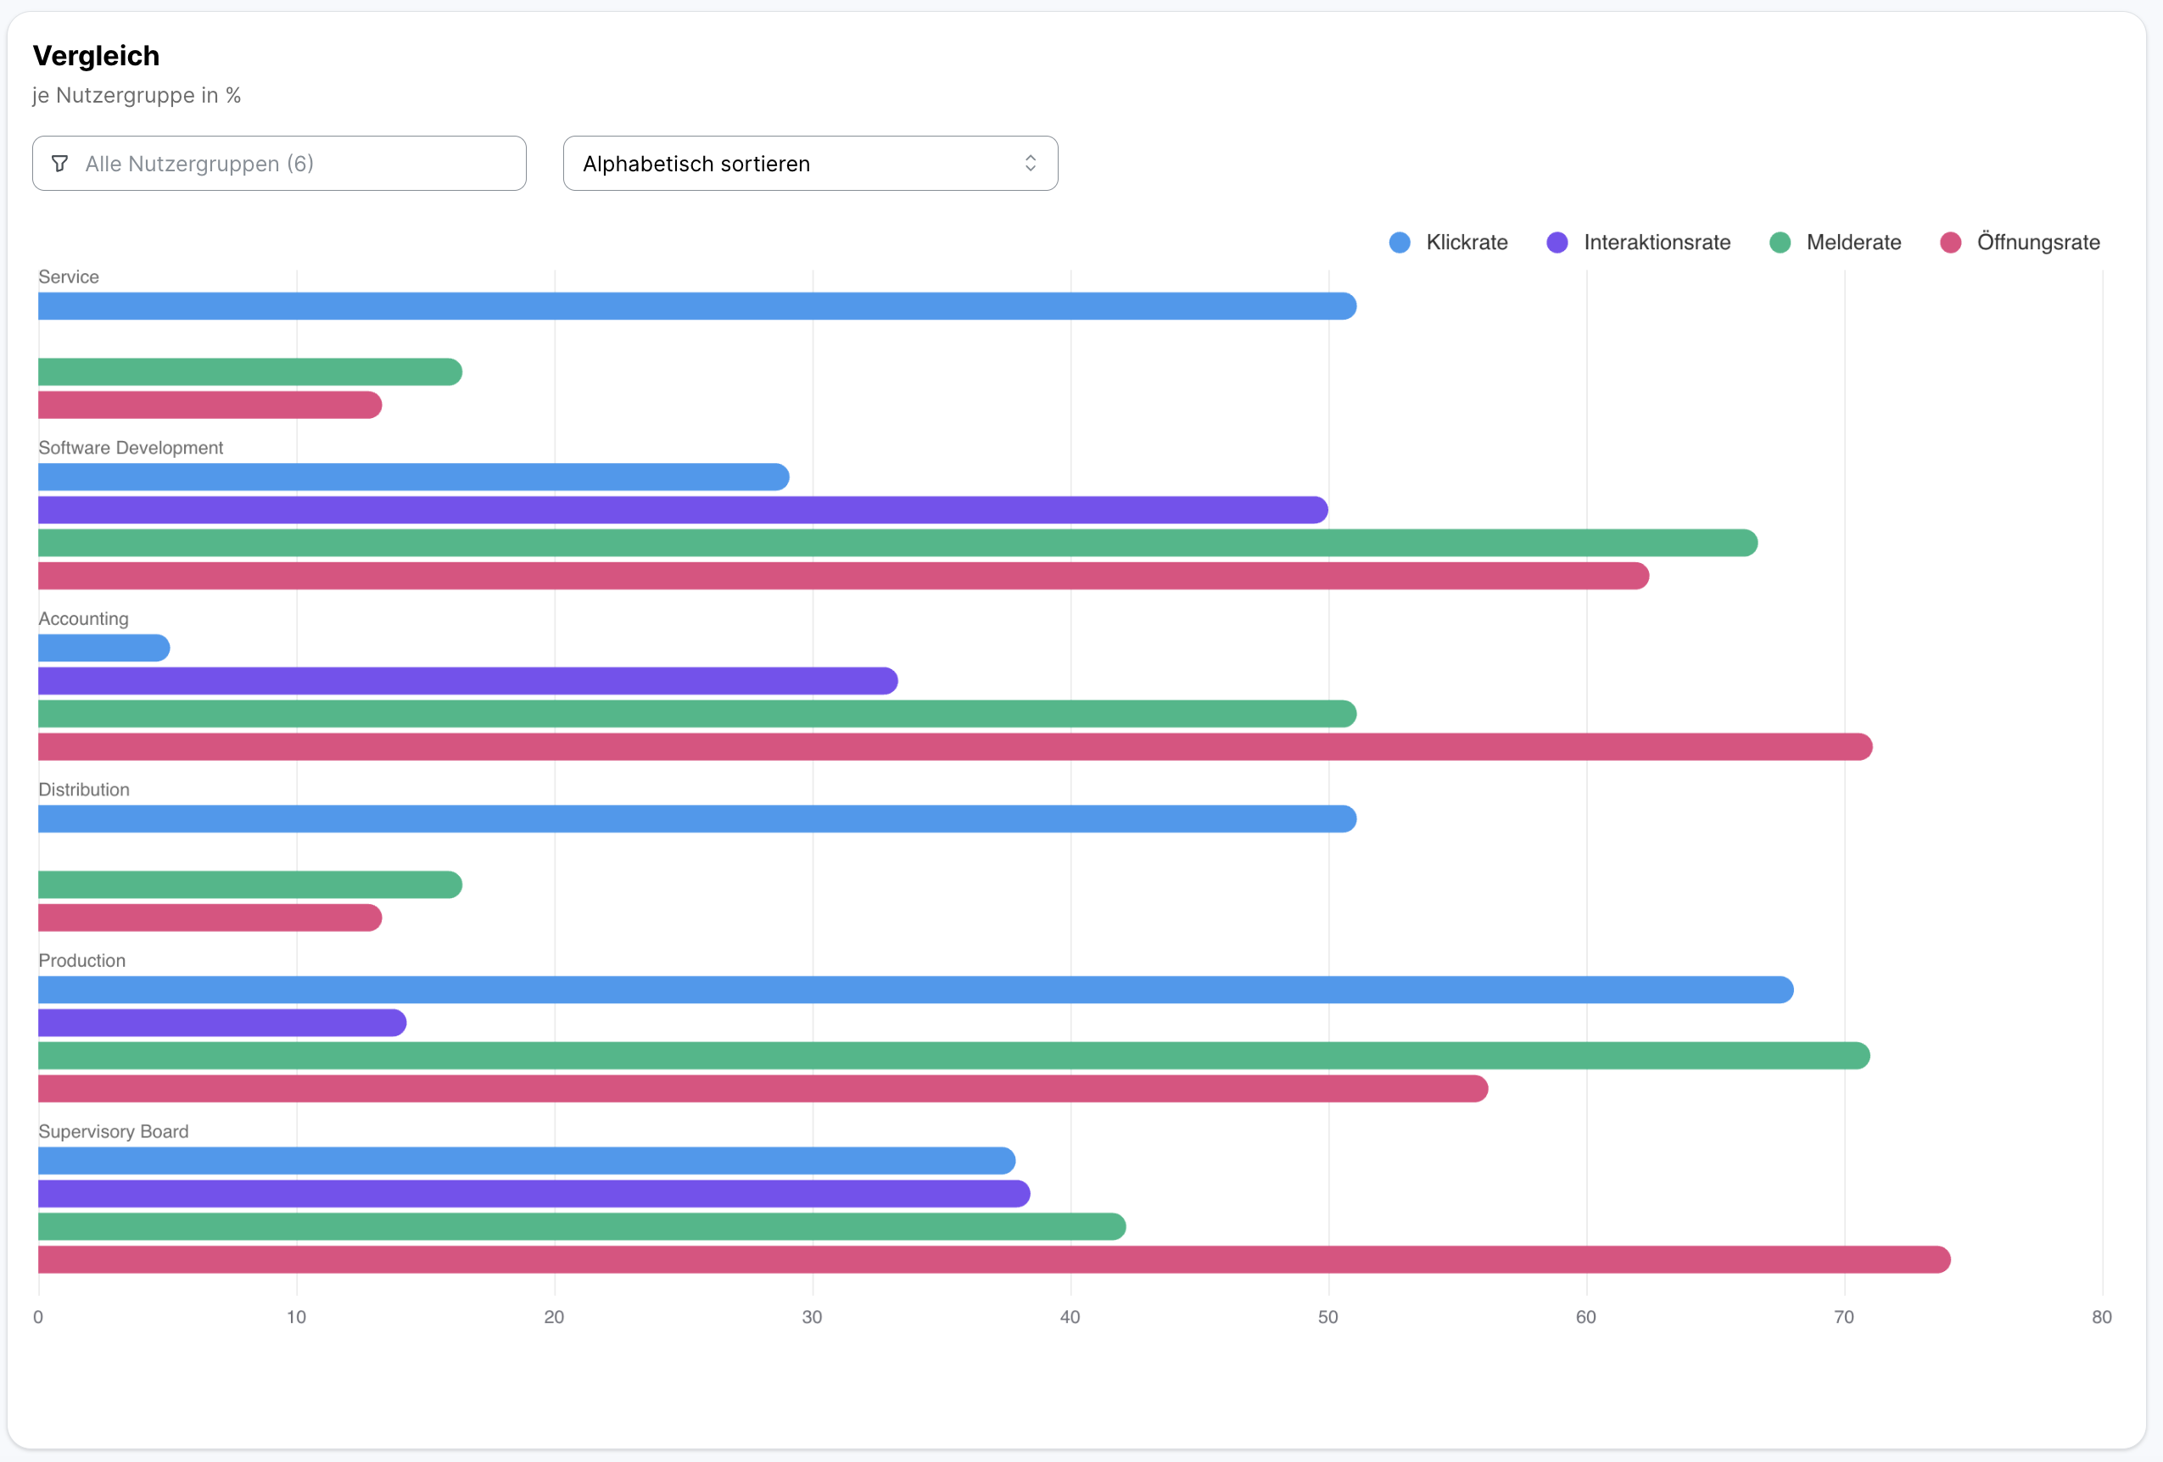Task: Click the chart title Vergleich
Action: pyautogui.click(x=96, y=56)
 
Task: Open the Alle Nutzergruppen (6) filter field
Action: pyautogui.click(x=279, y=164)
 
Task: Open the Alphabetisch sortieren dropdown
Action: pyautogui.click(x=810, y=164)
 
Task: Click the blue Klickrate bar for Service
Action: pyautogui.click(x=696, y=306)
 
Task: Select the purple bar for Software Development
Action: pyautogui.click(x=682, y=510)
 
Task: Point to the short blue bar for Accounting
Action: pyautogui.click(x=103, y=648)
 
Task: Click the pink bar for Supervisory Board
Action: pyautogui.click(x=993, y=1259)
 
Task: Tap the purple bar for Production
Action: pyautogui.click(x=221, y=1023)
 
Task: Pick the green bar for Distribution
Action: pyautogui.click(x=249, y=884)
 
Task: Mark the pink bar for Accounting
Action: pyautogui.click(x=954, y=746)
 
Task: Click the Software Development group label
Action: pyautogui.click(x=131, y=448)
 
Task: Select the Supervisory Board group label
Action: pyautogui.click(x=114, y=1131)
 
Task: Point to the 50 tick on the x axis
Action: pyautogui.click(x=1328, y=1317)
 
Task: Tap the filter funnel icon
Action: pyautogui.click(x=59, y=164)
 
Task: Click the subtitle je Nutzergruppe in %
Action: pyautogui.click(x=137, y=96)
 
